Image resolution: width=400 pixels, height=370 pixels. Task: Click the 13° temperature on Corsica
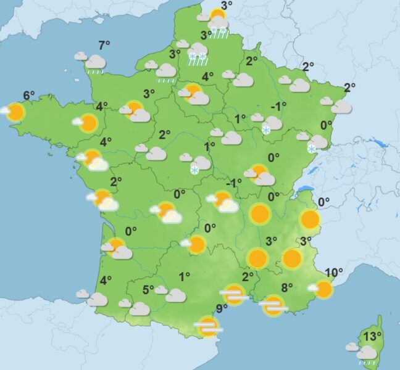[370, 337]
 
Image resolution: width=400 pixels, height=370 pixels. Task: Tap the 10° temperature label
[333, 273]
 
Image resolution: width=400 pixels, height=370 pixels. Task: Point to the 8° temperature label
[286, 287]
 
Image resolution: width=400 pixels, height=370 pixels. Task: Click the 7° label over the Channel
[104, 45]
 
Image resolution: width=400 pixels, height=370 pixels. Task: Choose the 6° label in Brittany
[29, 96]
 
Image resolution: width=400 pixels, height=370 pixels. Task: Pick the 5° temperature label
[148, 289]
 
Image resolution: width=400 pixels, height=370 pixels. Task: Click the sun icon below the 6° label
[15, 112]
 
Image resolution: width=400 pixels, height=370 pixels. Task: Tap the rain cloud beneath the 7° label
[96, 64]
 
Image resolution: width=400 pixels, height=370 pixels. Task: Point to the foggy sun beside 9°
[209, 327]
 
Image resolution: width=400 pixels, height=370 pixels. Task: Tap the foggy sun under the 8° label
[272, 305]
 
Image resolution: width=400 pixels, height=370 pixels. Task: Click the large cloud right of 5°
[175, 295]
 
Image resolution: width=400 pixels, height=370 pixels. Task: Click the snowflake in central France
[195, 170]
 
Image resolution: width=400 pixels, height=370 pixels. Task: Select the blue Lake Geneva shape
[304, 190]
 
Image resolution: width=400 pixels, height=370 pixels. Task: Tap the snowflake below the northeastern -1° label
[266, 129]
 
